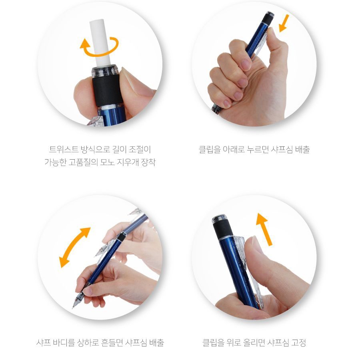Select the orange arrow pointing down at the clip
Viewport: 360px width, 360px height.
[284, 24]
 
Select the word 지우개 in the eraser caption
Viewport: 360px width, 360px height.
[129, 162]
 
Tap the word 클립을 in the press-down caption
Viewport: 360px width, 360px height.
[209, 150]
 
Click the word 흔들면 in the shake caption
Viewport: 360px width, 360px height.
[112, 342]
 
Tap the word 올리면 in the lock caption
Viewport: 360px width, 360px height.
[254, 342]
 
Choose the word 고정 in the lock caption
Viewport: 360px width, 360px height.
[298, 342]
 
